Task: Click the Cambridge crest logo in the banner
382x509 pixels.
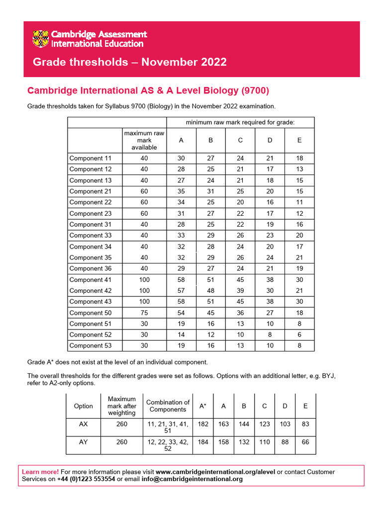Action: [41, 39]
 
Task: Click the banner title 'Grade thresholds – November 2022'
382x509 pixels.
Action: [129, 62]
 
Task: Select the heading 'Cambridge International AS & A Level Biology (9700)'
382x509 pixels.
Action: [148, 90]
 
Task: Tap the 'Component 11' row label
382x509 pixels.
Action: [91, 158]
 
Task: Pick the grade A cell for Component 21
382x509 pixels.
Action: [181, 191]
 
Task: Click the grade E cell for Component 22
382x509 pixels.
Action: [299, 202]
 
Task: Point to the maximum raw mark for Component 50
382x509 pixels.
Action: [144, 313]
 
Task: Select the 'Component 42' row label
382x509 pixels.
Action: [91, 291]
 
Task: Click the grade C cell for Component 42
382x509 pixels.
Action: [240, 291]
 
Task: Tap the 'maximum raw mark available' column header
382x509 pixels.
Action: [144, 140]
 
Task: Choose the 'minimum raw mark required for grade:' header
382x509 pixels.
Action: [240, 122]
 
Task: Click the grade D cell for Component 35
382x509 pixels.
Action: [270, 257]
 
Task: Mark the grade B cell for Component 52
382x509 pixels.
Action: [210, 335]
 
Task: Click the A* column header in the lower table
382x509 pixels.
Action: [203, 406]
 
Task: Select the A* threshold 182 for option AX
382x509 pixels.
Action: [203, 424]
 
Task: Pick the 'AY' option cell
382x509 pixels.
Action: [83, 442]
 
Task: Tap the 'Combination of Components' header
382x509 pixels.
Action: [168, 406]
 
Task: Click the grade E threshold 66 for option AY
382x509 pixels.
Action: [305, 442]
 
